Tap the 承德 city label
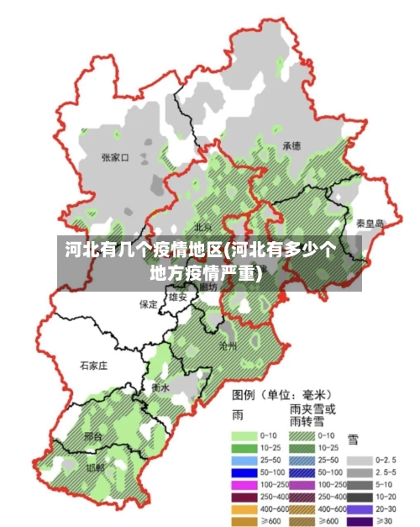(291, 145)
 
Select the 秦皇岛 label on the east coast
(369, 224)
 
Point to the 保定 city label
(148, 304)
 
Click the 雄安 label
(177, 297)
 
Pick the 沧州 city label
(228, 345)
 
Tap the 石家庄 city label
(94, 366)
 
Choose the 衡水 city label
(160, 387)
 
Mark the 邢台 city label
(94, 437)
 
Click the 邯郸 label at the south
(95, 466)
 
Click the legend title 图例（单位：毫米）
(281, 393)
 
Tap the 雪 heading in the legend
(353, 438)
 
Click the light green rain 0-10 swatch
(244, 435)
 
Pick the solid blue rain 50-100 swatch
(244, 473)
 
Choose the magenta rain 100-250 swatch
(244, 485)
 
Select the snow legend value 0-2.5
(386, 460)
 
